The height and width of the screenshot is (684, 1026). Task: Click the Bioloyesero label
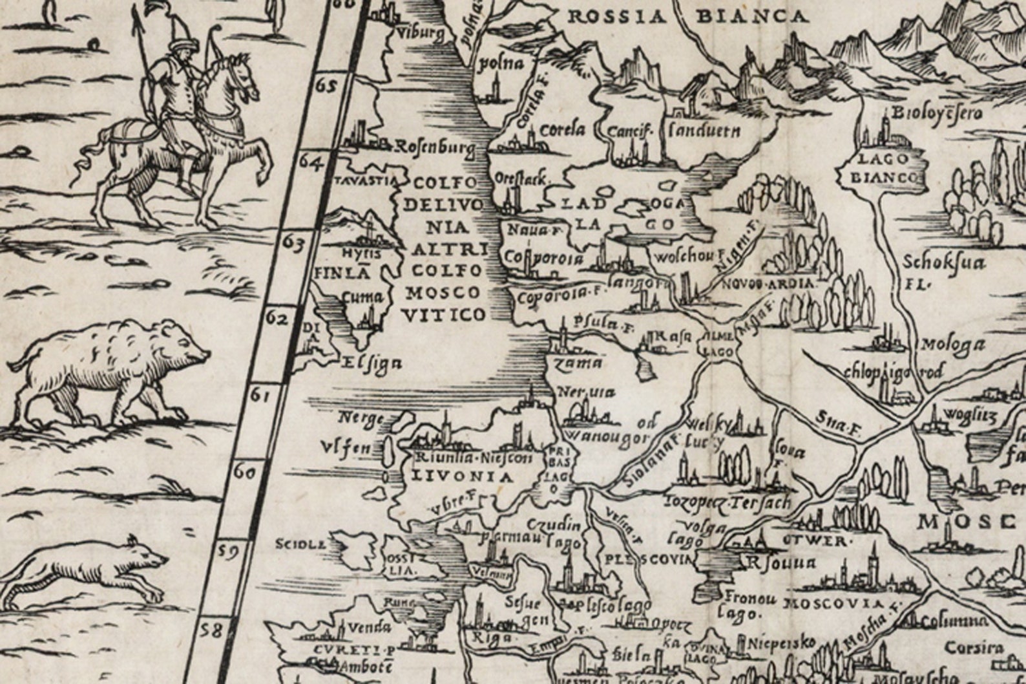click(x=937, y=114)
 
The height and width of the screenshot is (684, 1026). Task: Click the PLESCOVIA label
click(x=649, y=558)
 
